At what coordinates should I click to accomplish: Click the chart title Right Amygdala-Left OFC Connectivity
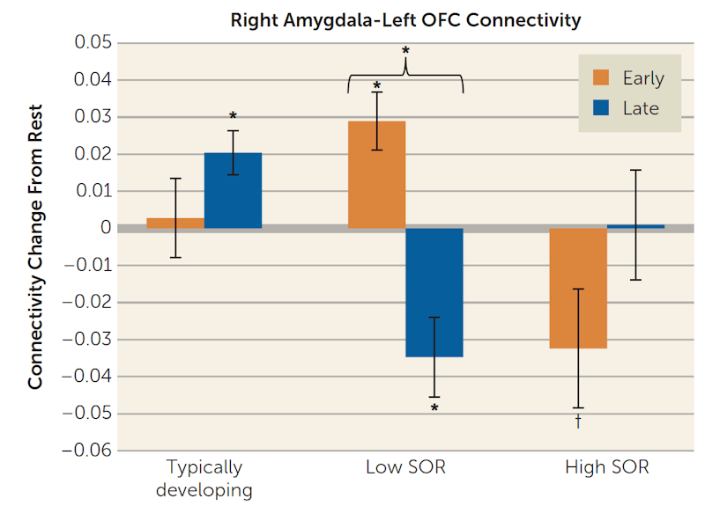click(406, 19)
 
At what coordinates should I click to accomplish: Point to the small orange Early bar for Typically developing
click(175, 223)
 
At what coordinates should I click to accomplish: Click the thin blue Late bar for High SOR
click(635, 226)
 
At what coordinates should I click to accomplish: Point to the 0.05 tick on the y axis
click(93, 43)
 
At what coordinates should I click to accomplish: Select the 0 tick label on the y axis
click(105, 229)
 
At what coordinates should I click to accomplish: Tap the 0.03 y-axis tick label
click(93, 117)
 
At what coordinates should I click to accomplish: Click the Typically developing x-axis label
click(204, 478)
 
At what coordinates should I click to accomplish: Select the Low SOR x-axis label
click(405, 467)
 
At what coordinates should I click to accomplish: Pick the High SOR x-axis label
click(606, 467)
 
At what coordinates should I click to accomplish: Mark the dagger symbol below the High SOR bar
click(578, 422)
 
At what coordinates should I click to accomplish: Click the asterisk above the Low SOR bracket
click(405, 51)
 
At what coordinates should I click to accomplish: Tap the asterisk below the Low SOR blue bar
click(435, 408)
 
